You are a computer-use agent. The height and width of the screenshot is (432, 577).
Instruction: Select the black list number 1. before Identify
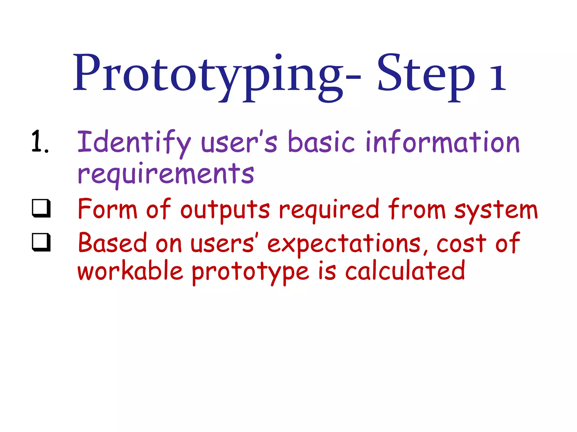coord(40,142)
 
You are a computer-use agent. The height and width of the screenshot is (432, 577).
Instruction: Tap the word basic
coord(321,142)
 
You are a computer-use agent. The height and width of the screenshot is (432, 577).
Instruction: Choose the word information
coord(442,142)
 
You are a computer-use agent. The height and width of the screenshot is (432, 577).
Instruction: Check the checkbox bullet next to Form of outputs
coord(41,208)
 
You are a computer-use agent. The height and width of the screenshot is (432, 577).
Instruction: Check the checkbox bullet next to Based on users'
coord(41,242)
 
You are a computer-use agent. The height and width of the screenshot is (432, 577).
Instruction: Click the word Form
coord(107,210)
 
